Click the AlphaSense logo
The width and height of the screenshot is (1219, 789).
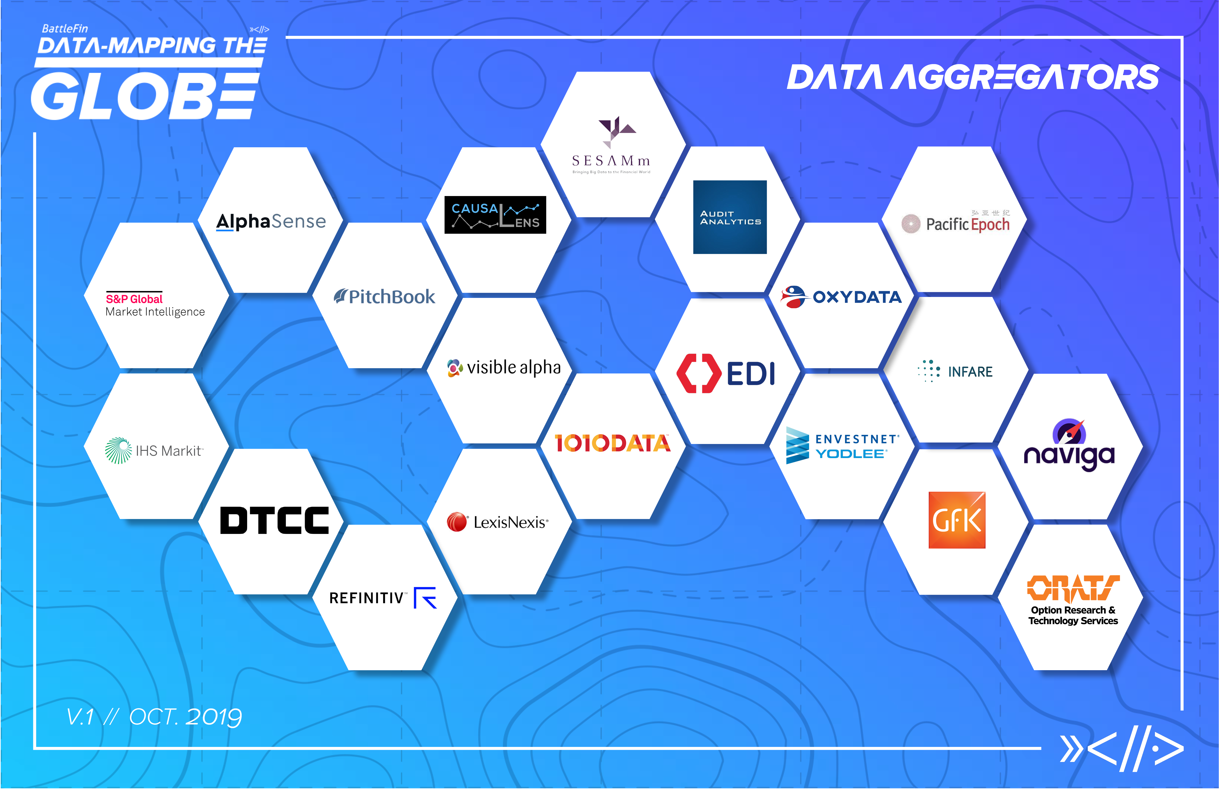[271, 221]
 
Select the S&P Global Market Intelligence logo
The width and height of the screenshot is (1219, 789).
[155, 305]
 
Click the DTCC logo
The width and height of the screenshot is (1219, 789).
[275, 521]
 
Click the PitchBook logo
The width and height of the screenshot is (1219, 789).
[385, 297]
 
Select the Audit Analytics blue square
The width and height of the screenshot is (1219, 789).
[730, 217]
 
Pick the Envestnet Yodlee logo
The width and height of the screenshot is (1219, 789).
[843, 446]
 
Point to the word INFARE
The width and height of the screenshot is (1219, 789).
[970, 372]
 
